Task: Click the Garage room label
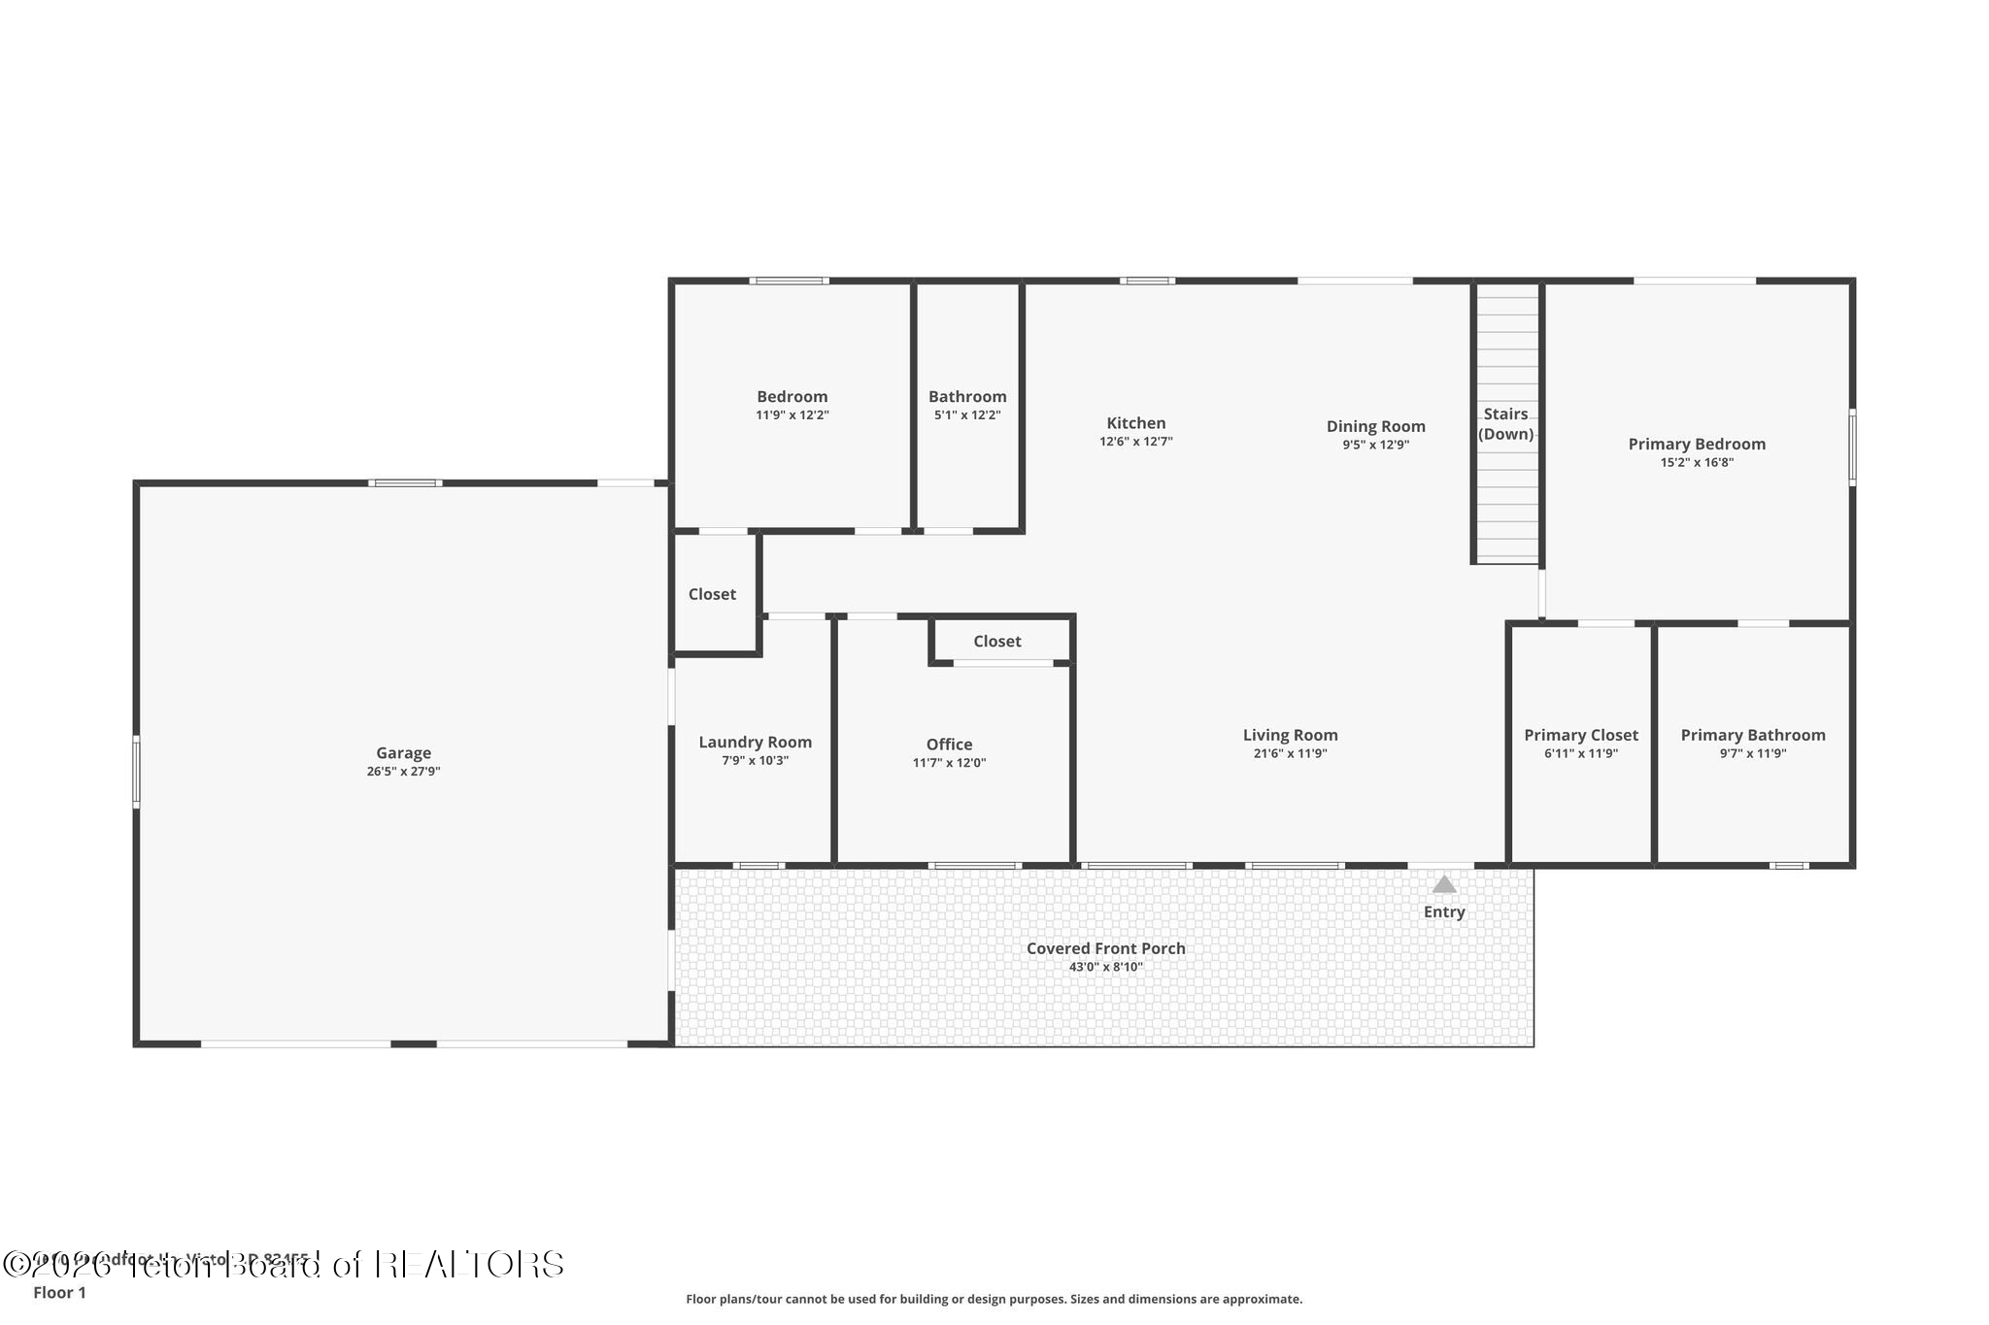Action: pos(403,752)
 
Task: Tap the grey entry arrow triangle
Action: pos(1444,884)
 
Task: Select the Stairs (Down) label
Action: pos(1505,424)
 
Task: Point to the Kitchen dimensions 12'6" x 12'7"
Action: pos(1135,442)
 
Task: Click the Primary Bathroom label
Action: pos(1752,735)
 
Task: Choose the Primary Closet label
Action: pos(1580,735)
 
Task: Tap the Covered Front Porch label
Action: pos(1105,948)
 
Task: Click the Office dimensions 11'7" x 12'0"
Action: pos(948,763)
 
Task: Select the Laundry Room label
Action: pos(755,742)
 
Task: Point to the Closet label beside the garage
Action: pos(712,594)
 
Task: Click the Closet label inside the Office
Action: pos(996,641)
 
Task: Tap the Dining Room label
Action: pos(1375,426)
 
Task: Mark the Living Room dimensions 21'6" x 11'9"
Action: pos(1290,753)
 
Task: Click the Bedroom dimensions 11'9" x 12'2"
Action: pos(792,415)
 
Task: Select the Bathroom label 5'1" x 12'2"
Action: pos(966,396)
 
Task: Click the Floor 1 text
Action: pos(59,1292)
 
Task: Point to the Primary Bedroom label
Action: pos(1696,444)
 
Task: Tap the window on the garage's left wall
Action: pos(136,771)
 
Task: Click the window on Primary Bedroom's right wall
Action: pos(1851,447)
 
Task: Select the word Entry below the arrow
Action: pos(1444,911)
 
